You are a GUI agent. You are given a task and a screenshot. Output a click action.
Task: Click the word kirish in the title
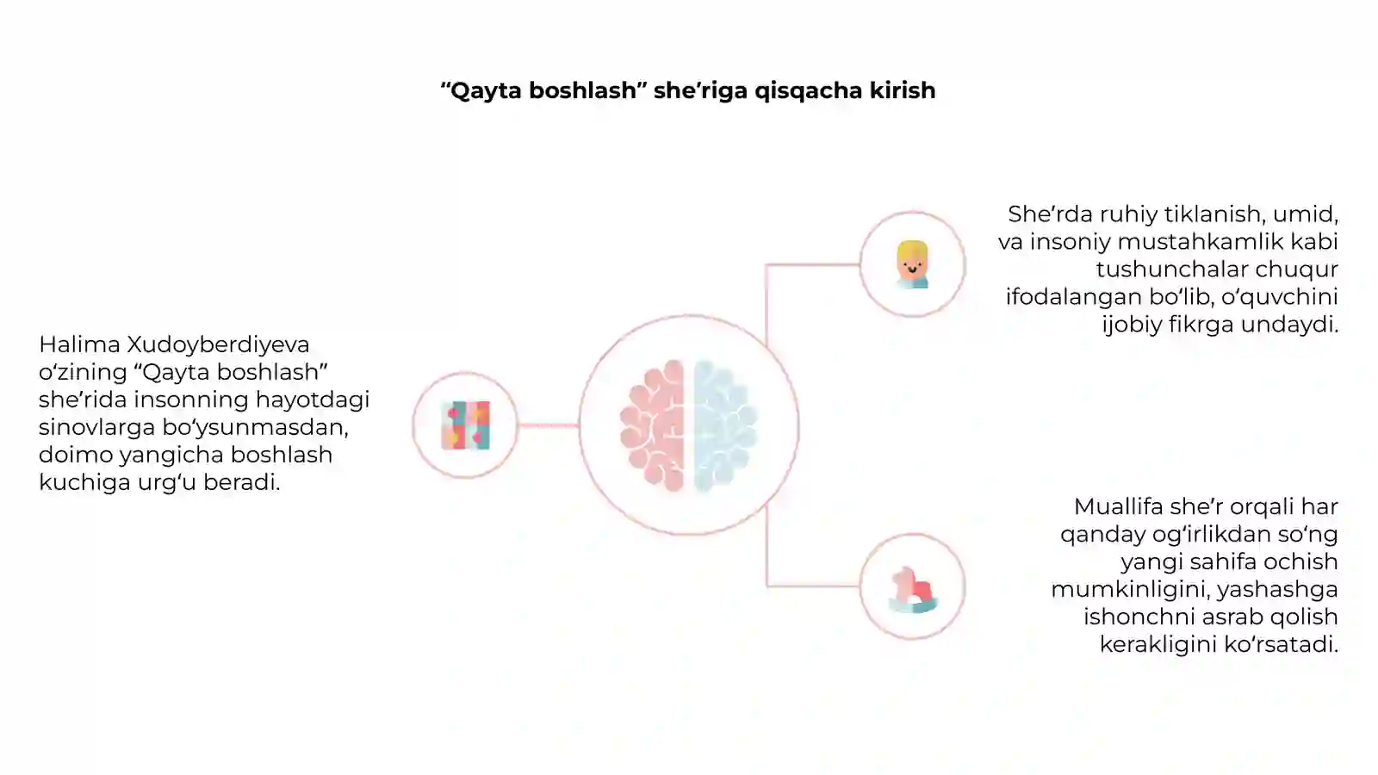pyautogui.click(x=902, y=90)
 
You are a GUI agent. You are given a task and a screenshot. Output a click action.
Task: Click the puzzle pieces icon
pyautogui.click(x=466, y=425)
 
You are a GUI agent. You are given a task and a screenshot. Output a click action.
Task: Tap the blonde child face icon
pyautogui.click(x=912, y=264)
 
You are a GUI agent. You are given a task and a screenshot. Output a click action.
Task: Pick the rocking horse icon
pyautogui.click(x=913, y=590)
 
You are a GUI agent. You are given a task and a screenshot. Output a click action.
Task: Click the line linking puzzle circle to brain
pyautogui.click(x=548, y=425)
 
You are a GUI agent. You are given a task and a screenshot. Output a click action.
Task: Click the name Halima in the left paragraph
pyautogui.click(x=79, y=344)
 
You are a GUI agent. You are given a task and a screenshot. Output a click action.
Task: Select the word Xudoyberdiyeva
pyautogui.click(x=218, y=345)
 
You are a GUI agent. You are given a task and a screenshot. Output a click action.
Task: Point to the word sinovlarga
pyautogui.click(x=97, y=428)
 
